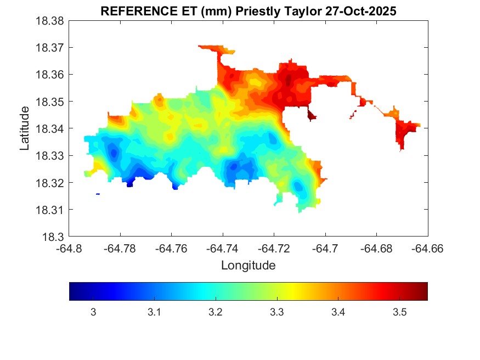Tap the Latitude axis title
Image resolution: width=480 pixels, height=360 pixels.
[25, 128]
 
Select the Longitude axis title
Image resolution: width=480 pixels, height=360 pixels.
[248, 266]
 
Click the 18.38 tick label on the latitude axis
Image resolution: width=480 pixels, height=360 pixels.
[51, 21]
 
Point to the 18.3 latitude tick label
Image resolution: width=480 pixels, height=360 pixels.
[54, 237]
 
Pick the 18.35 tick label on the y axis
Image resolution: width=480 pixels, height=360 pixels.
[51, 102]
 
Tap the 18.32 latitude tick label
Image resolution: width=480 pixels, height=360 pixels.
[51, 182]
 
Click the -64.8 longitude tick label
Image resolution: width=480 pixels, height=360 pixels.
[69, 248]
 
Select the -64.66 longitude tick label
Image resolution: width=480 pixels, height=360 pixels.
[428, 248]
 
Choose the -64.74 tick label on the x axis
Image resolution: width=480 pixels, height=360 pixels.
[223, 248]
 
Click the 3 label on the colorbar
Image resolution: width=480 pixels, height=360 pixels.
[93, 312]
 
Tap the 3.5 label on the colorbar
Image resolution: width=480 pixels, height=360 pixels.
[399, 312]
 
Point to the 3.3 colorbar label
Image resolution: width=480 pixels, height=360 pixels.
[277, 312]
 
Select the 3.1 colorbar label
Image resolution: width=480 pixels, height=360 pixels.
[154, 312]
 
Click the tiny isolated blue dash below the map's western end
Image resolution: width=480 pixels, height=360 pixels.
[98, 194]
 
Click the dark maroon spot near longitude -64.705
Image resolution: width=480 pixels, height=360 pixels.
[312, 116]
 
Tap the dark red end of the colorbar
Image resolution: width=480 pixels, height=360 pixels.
[423, 291]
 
